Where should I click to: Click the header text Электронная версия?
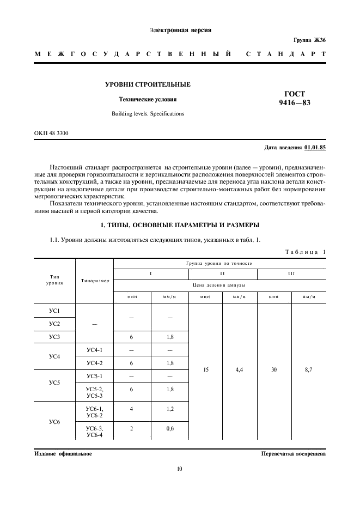[x=180, y=30]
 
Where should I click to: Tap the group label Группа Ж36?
[x=309, y=41]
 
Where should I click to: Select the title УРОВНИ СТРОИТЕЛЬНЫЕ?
[x=148, y=84]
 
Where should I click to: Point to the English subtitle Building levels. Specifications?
[x=148, y=114]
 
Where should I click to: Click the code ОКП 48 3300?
[x=51, y=133]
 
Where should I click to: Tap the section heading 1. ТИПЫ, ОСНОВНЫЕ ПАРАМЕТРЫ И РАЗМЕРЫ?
[x=180, y=225]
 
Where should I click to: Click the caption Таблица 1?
[x=305, y=251]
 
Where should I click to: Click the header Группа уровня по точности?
[x=219, y=263]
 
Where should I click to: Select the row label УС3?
[x=54, y=338]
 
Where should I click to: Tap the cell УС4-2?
[x=95, y=363]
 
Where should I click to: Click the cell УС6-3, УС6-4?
[x=95, y=432]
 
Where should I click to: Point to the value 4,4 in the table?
[x=240, y=369]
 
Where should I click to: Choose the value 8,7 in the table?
[x=309, y=369]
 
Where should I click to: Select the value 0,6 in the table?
[x=170, y=428]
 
